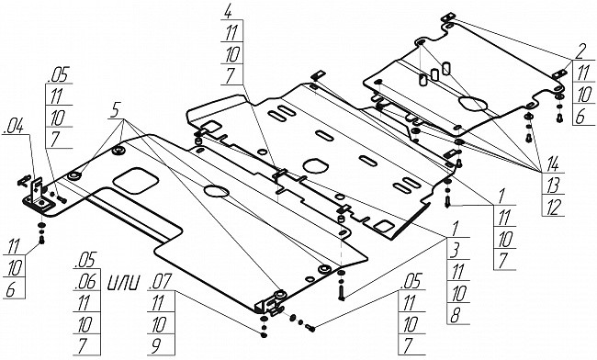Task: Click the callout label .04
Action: pos(14,127)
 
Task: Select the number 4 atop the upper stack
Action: pos(228,11)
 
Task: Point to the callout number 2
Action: pos(580,51)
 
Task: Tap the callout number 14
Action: pos(552,164)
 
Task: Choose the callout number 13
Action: pos(552,186)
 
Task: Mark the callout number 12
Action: pos(552,207)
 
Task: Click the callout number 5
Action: pos(116,110)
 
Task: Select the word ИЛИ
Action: pos(123,283)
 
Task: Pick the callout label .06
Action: pos(85,282)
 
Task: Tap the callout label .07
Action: pos(162,282)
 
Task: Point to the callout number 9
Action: pos(156,345)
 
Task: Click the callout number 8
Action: pos(456,316)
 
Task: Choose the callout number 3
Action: pos(456,252)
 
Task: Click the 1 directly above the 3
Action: pos(455,229)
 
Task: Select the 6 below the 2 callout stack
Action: pos(580,117)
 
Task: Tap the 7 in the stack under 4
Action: pos(230,76)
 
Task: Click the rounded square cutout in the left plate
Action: pos(136,180)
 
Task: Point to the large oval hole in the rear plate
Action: pos(473,104)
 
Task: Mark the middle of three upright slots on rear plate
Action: pos(434,74)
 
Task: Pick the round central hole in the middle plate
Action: pos(315,165)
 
